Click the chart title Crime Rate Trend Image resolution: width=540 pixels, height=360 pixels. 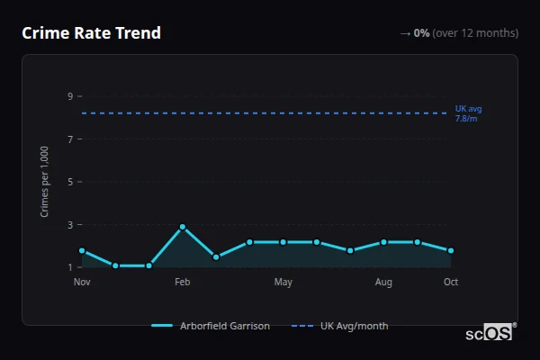[91, 33]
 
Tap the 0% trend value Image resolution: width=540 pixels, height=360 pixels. [421, 33]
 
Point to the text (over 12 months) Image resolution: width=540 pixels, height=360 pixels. [475, 33]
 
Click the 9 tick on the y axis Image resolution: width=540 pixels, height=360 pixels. [69, 96]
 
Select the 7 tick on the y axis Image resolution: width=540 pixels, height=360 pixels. [69, 139]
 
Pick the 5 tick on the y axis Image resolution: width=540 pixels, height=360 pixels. [69, 182]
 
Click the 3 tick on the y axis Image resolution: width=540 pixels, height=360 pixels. [69, 225]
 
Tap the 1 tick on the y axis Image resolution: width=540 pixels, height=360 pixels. [69, 267]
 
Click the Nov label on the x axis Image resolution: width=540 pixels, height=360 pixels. [82, 283]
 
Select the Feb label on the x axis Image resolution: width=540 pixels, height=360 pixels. [182, 283]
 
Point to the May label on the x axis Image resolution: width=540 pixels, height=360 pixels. [283, 283]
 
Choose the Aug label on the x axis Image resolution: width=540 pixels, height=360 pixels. [383, 283]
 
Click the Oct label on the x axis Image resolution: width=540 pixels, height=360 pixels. [451, 283]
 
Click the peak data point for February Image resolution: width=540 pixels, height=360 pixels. [183, 227]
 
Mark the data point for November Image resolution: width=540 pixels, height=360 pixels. [82, 250]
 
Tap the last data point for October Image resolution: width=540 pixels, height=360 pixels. [451, 250]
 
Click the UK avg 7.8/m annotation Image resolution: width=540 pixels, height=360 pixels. [469, 113]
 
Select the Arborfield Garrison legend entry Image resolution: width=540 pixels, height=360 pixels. [211, 326]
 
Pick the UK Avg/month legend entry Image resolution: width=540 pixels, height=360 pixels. [341, 326]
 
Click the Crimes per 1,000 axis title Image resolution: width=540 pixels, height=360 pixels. [45, 182]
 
